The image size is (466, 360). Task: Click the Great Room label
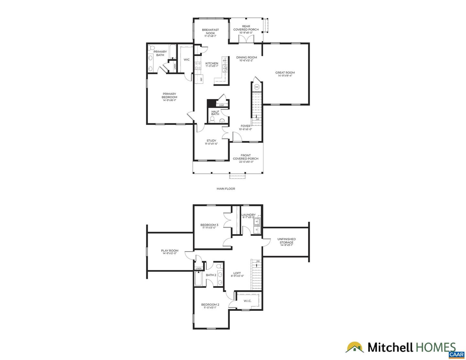(285, 73)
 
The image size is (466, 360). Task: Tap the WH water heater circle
(257, 87)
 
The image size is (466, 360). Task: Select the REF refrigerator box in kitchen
(201, 79)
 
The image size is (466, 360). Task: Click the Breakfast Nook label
(210, 31)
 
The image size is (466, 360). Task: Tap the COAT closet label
(221, 105)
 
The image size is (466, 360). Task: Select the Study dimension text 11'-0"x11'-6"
(211, 144)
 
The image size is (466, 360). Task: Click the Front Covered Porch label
(246, 157)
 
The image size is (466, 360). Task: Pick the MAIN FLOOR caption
(226, 189)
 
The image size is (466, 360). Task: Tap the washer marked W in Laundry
(257, 222)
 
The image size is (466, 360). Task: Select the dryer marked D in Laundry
(257, 230)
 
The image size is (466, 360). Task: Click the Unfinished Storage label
(286, 241)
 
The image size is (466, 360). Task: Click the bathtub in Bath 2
(198, 278)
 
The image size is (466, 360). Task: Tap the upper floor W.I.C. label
(247, 301)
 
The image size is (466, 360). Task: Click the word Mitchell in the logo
(390, 348)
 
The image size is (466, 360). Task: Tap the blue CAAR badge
(456, 355)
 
